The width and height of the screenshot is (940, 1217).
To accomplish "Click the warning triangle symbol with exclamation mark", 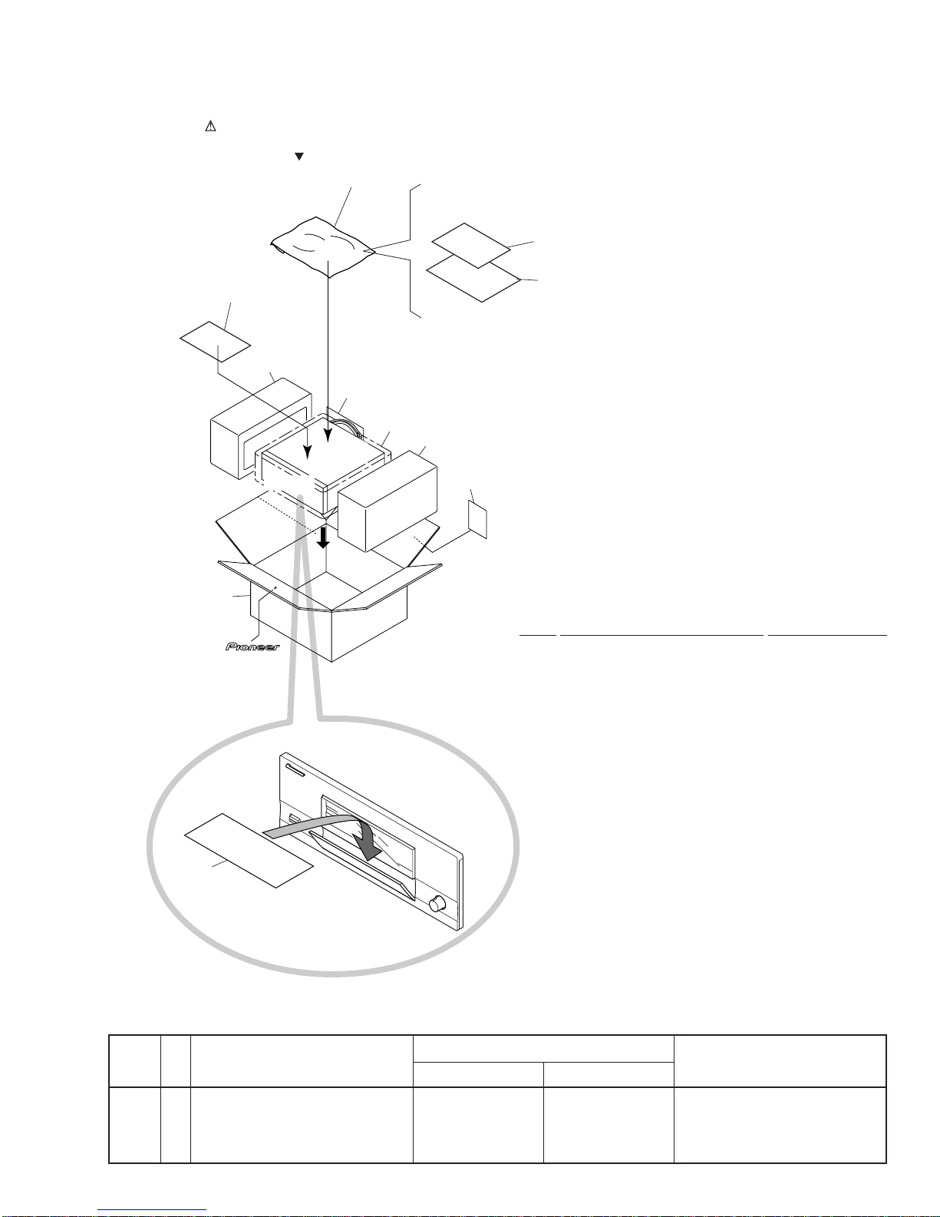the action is (x=210, y=126).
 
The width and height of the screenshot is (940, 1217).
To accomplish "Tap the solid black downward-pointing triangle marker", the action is (x=299, y=157).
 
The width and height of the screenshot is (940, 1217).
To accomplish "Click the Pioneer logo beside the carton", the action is (x=252, y=647).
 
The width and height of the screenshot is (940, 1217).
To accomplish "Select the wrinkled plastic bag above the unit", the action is (x=323, y=247).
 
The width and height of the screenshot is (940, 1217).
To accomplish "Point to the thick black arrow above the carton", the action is (x=323, y=537).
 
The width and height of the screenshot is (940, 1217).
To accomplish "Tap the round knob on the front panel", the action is (x=436, y=904).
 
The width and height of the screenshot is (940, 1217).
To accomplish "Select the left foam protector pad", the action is (x=261, y=428).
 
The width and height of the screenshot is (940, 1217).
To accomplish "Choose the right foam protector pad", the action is (x=388, y=501).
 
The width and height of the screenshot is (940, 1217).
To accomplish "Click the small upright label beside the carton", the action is (x=477, y=519).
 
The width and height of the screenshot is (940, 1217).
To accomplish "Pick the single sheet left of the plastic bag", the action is (x=215, y=342).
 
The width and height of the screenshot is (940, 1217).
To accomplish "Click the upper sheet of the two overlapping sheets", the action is (x=471, y=245).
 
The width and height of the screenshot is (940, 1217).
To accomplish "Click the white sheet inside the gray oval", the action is (x=249, y=850).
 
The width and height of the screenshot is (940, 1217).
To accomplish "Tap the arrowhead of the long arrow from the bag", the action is (x=328, y=435).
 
